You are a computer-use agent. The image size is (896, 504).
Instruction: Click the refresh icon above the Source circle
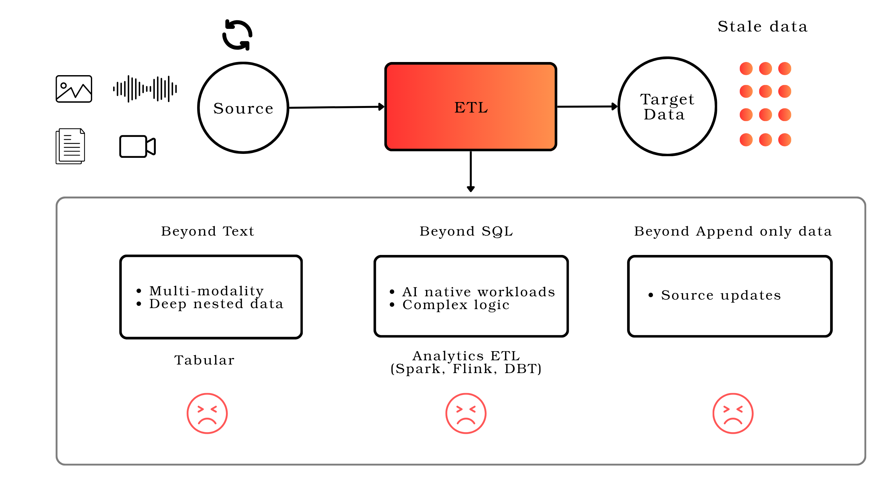click(x=237, y=35)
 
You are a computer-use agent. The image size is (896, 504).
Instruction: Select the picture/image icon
click(x=74, y=89)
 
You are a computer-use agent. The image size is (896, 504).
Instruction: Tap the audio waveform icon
click(x=145, y=89)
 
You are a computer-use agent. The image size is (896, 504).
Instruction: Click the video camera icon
click(x=137, y=147)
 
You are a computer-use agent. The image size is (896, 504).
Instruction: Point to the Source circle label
click(x=243, y=108)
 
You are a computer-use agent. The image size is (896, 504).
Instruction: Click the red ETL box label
click(x=471, y=107)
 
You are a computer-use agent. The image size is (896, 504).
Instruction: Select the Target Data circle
click(x=667, y=107)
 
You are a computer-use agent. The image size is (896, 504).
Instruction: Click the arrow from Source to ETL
click(x=336, y=107)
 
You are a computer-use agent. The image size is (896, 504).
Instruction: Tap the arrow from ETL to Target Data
click(x=587, y=107)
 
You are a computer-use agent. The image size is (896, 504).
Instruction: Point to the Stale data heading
click(x=763, y=27)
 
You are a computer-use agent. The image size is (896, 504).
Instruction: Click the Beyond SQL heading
click(x=466, y=231)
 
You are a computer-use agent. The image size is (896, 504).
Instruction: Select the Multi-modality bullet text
click(x=207, y=291)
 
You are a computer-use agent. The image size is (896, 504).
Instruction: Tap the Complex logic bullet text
click(x=456, y=305)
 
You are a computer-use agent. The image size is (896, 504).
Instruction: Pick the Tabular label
click(x=204, y=360)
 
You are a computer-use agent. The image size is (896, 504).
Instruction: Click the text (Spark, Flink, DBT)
click(x=466, y=369)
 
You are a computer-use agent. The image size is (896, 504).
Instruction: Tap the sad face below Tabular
click(x=207, y=413)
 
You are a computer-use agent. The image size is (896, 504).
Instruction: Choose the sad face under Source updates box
click(x=733, y=413)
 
